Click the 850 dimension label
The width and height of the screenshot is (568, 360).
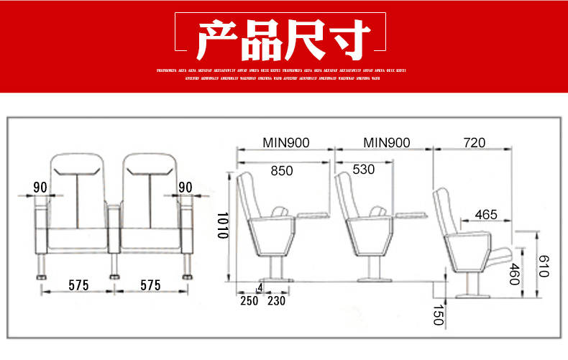[282, 170]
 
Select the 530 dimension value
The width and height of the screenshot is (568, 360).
[364, 170]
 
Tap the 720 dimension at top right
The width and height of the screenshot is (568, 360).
[475, 143]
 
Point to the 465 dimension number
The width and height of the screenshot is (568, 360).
[486, 214]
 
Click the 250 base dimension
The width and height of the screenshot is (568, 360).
[249, 301]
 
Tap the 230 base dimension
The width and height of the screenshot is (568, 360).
[276, 301]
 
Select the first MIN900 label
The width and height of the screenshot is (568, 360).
[285, 143]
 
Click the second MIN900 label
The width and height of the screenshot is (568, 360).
[386, 143]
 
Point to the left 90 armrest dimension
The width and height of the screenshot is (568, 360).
[40, 188]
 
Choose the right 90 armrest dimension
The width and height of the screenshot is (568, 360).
[185, 188]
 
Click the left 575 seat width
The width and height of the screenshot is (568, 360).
[78, 285]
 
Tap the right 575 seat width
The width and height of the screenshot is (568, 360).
[150, 285]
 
